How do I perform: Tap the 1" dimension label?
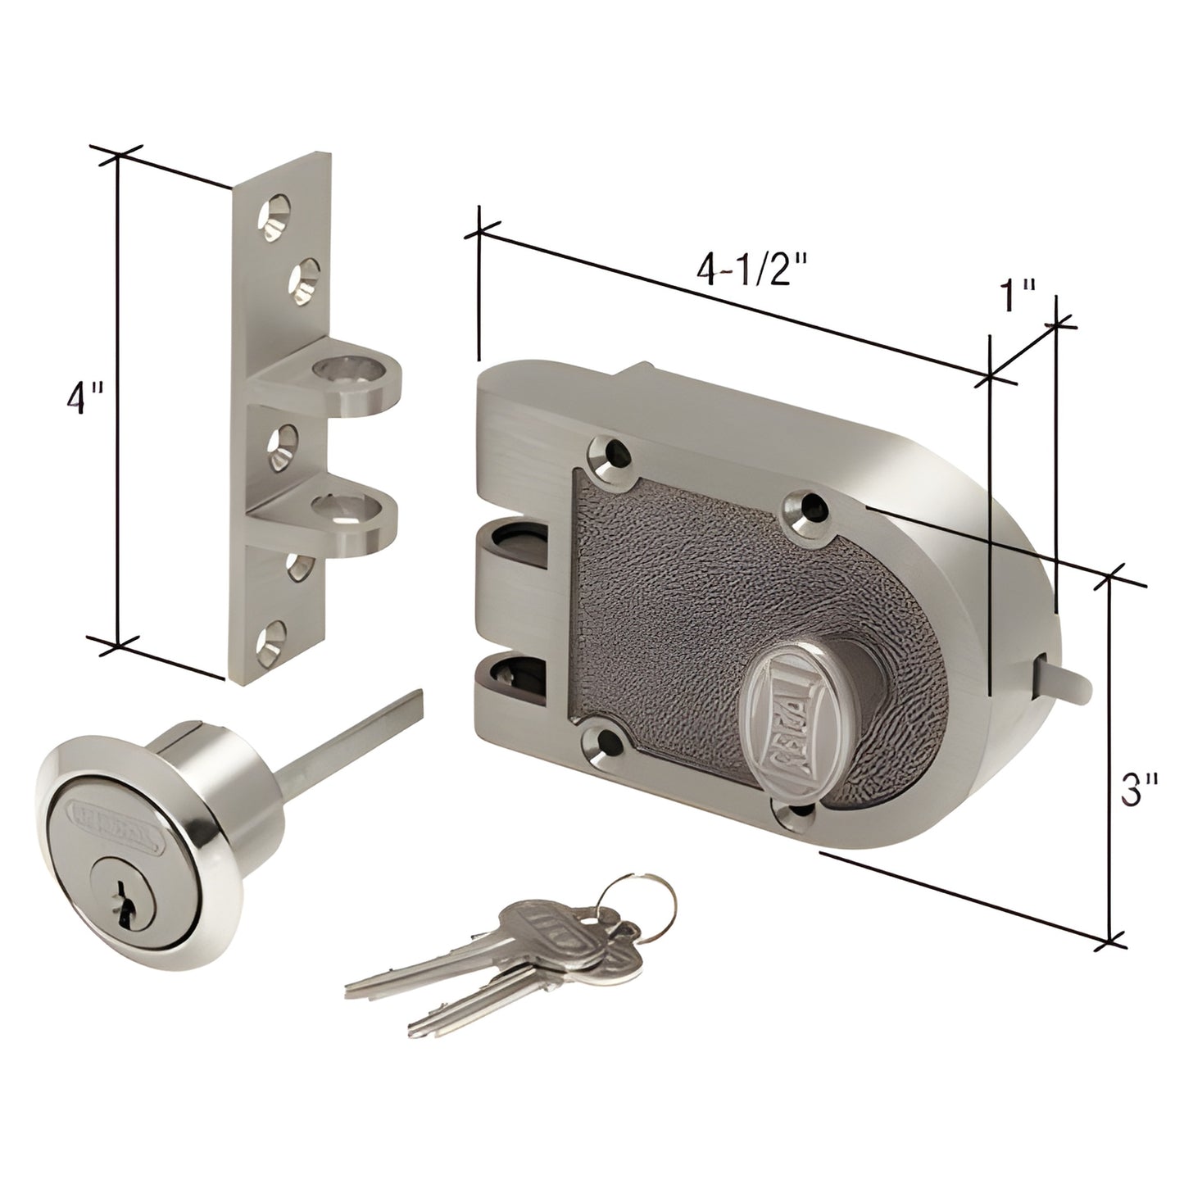coord(1018,299)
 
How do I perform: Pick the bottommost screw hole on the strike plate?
coord(271,640)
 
